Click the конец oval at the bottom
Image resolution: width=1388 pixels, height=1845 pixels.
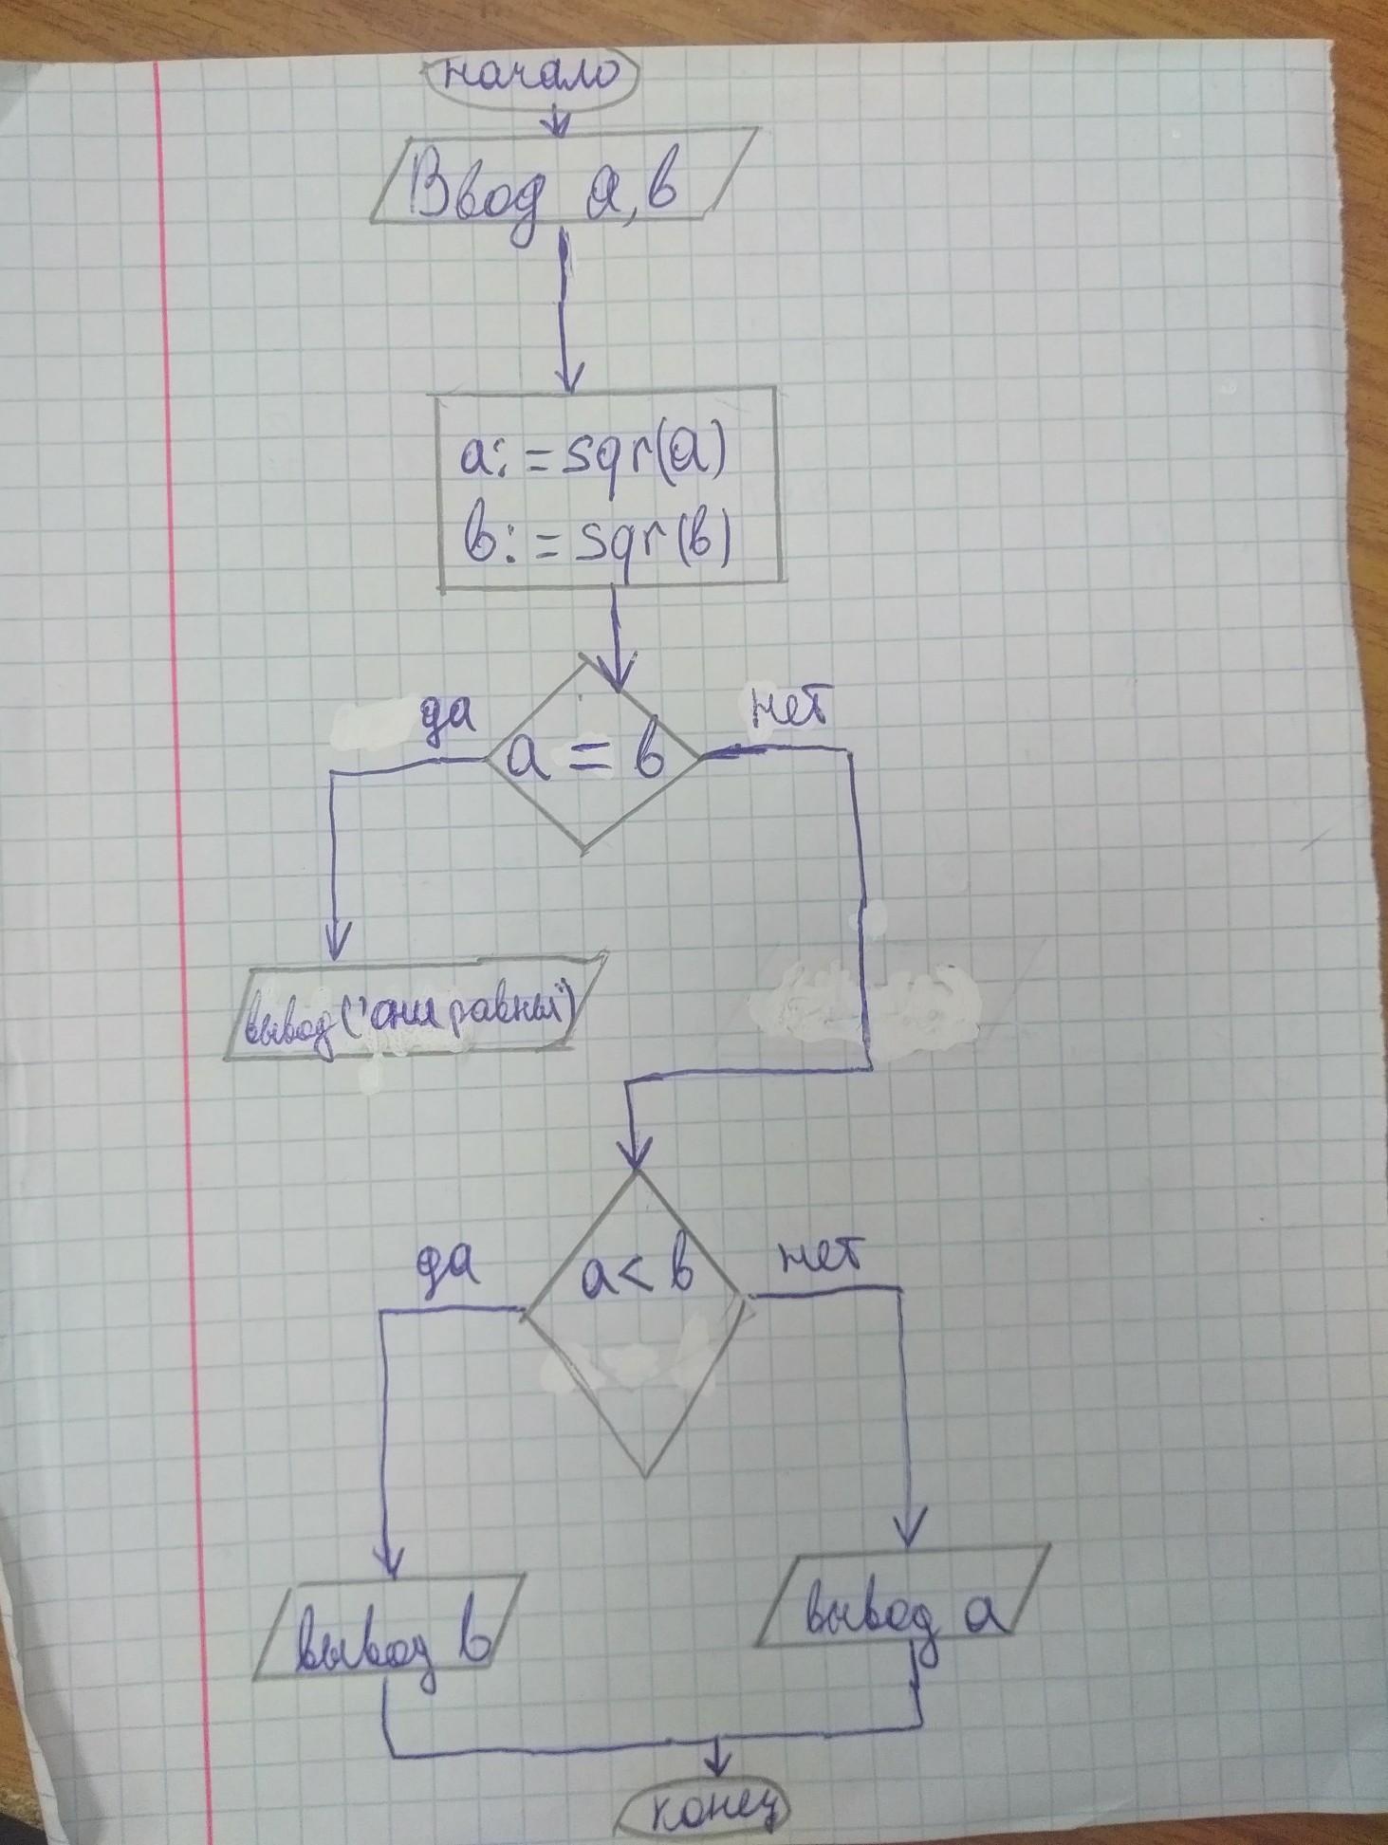(x=708, y=1813)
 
